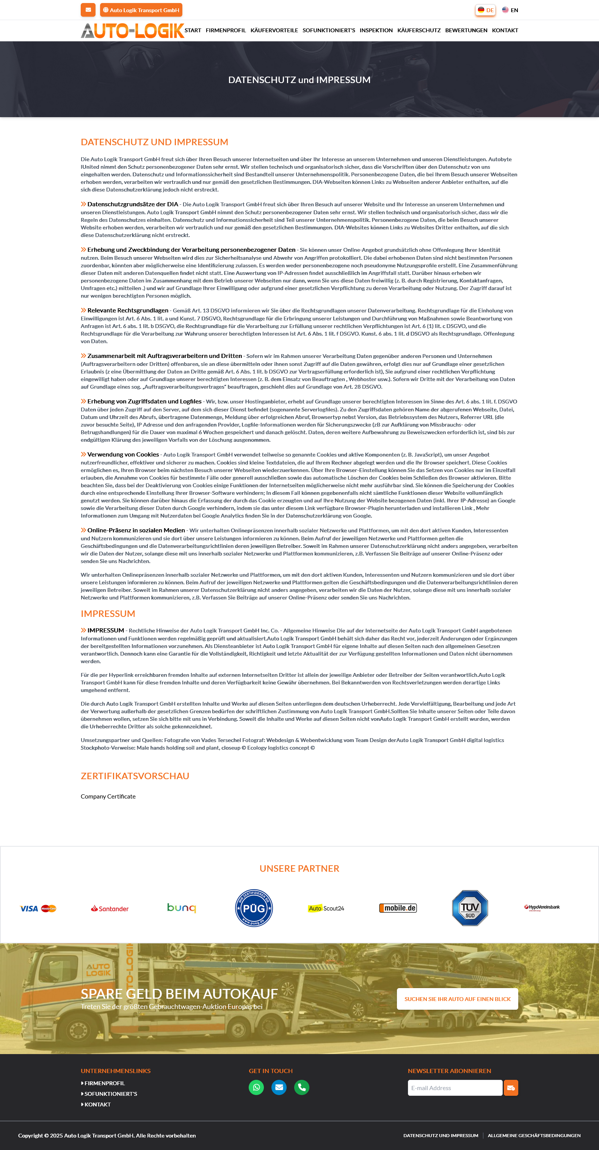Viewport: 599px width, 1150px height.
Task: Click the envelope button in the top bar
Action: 88,10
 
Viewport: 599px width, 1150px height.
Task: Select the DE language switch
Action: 485,10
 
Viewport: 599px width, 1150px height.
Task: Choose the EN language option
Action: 510,10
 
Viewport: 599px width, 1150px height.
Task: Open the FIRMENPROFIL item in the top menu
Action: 226,30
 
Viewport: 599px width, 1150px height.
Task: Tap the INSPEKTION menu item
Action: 376,30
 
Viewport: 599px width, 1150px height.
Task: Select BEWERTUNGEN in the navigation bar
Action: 466,30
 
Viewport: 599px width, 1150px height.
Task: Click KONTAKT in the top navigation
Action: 505,30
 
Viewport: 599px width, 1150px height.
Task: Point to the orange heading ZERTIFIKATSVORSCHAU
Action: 135,776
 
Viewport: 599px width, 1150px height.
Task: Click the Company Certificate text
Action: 108,796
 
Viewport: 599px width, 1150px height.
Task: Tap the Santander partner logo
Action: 110,908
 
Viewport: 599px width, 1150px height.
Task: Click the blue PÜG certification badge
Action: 254,908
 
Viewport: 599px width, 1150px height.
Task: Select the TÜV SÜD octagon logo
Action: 470,908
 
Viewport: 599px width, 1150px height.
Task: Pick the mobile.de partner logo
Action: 398,908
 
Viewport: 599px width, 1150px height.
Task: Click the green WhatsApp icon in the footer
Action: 256,1087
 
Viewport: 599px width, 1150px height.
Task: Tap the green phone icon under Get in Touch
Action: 302,1087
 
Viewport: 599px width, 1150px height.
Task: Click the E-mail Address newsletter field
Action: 455,1088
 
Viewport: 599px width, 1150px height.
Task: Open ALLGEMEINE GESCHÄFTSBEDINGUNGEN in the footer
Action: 534,1135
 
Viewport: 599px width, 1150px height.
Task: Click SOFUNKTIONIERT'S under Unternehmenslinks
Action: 111,1094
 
